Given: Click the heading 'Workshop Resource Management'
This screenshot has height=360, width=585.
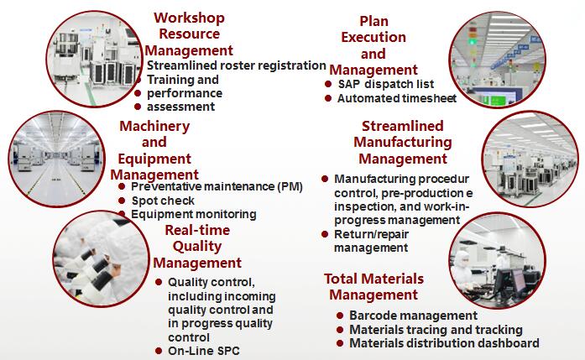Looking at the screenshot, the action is coord(189,34).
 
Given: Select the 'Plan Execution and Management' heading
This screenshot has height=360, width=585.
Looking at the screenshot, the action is coord(373,45).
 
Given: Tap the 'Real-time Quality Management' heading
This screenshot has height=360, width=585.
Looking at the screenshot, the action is coord(197,246).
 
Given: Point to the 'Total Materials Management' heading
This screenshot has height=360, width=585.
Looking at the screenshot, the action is coord(373,286).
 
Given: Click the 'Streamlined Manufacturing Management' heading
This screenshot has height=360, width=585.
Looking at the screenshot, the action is coord(403,142).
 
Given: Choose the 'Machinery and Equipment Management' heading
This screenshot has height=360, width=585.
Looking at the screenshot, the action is coord(154,150).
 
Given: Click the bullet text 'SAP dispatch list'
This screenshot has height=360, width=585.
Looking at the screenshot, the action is coord(386,84).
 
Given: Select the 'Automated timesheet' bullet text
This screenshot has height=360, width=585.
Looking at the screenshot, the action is coord(397,98).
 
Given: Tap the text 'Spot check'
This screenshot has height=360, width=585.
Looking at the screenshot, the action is coord(163,201).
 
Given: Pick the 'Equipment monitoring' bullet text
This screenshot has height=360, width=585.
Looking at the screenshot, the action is coord(194,214).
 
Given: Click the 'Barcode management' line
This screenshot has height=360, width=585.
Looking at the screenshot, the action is coord(414,316).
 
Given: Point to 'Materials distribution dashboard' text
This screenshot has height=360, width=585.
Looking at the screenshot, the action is coord(444,343).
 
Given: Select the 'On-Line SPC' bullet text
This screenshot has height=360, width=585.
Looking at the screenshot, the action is coord(204,351).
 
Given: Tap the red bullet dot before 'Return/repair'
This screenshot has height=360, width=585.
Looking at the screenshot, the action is coord(325,234).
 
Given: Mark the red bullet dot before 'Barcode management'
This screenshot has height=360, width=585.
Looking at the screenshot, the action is coord(340,316).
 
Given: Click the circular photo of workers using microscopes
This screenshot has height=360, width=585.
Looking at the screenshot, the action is coord(101,259).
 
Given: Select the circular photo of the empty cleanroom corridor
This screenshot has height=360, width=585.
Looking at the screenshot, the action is coord(57,159).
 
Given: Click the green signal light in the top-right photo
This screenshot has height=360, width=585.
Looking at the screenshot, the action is coord(473,41).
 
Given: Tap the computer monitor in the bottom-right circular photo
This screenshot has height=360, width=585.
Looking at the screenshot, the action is coord(519,280).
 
